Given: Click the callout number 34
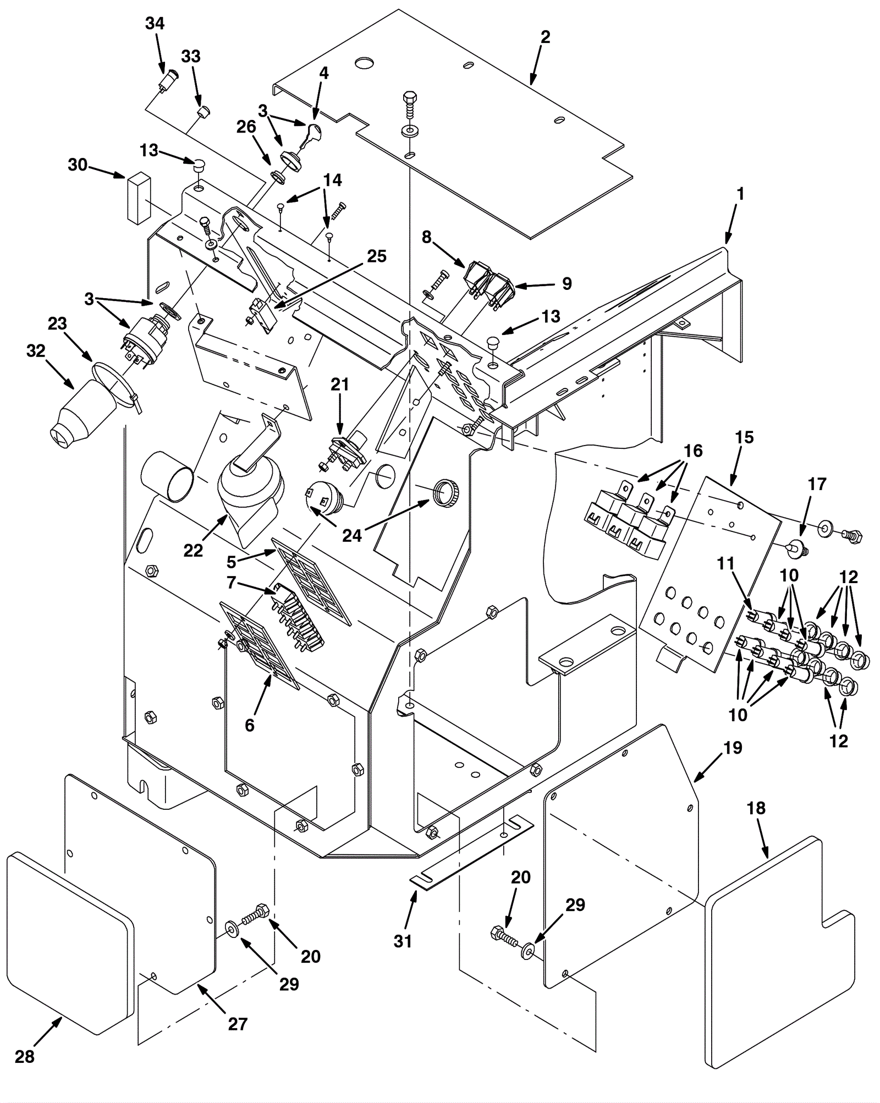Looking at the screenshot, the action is pyautogui.click(x=155, y=24).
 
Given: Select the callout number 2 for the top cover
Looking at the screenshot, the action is pyautogui.click(x=545, y=37).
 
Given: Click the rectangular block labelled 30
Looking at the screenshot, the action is pyautogui.click(x=140, y=198).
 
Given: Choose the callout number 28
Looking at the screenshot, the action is pyautogui.click(x=25, y=1056).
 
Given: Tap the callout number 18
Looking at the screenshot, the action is pyautogui.click(x=756, y=808).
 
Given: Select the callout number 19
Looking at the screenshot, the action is pyautogui.click(x=734, y=748).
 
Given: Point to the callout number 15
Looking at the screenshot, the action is pyautogui.click(x=745, y=437).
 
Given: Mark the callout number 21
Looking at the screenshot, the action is pyautogui.click(x=340, y=385).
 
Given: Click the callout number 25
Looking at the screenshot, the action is pyautogui.click(x=377, y=256).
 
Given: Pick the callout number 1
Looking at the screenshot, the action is pyautogui.click(x=741, y=194).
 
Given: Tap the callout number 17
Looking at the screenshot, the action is pyautogui.click(x=817, y=484).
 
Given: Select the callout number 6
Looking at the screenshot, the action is pyautogui.click(x=250, y=726).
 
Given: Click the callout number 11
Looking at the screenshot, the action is pyautogui.click(x=726, y=563).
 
